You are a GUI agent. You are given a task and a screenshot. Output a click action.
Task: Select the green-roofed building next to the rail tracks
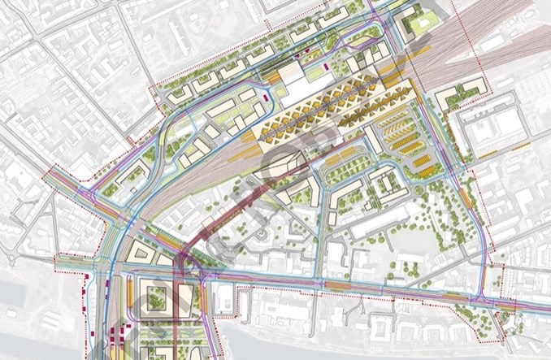click(421, 22)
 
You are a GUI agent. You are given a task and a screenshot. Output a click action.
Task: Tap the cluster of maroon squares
click(122, 333)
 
